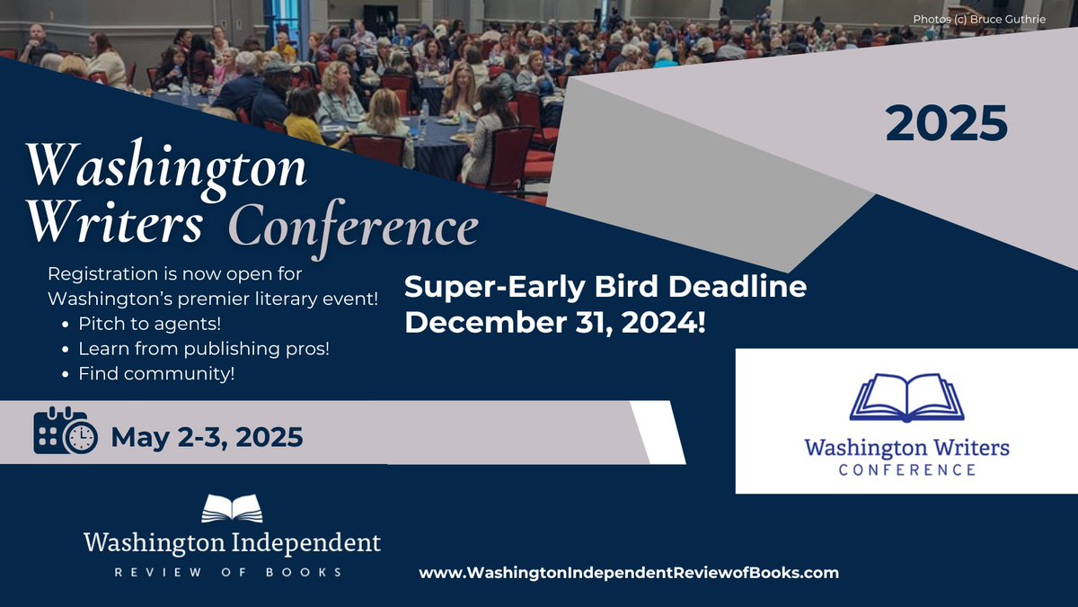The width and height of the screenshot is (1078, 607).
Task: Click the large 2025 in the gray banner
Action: pyautogui.click(x=946, y=123)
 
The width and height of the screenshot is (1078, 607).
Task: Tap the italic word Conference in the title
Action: pyautogui.click(x=352, y=227)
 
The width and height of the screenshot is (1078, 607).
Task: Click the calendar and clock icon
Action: pyautogui.click(x=66, y=433)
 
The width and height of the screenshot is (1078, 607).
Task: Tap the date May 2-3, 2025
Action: pyautogui.click(x=207, y=438)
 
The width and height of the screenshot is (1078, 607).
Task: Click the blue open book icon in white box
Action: pyautogui.click(x=906, y=397)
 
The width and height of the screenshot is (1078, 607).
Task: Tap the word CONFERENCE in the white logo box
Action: pyautogui.click(x=906, y=469)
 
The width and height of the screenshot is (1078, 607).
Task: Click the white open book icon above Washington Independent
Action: pyautogui.click(x=232, y=508)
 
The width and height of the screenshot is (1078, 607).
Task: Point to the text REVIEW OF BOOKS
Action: pyautogui.click(x=232, y=572)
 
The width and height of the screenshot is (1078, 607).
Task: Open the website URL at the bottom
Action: pyautogui.click(x=629, y=572)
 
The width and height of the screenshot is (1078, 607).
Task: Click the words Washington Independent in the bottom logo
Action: pyautogui.click(x=232, y=542)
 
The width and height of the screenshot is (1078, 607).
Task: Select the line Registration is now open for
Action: pyautogui.click(x=175, y=273)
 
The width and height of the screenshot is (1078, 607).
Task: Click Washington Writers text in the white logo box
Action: pyautogui.click(x=906, y=447)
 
